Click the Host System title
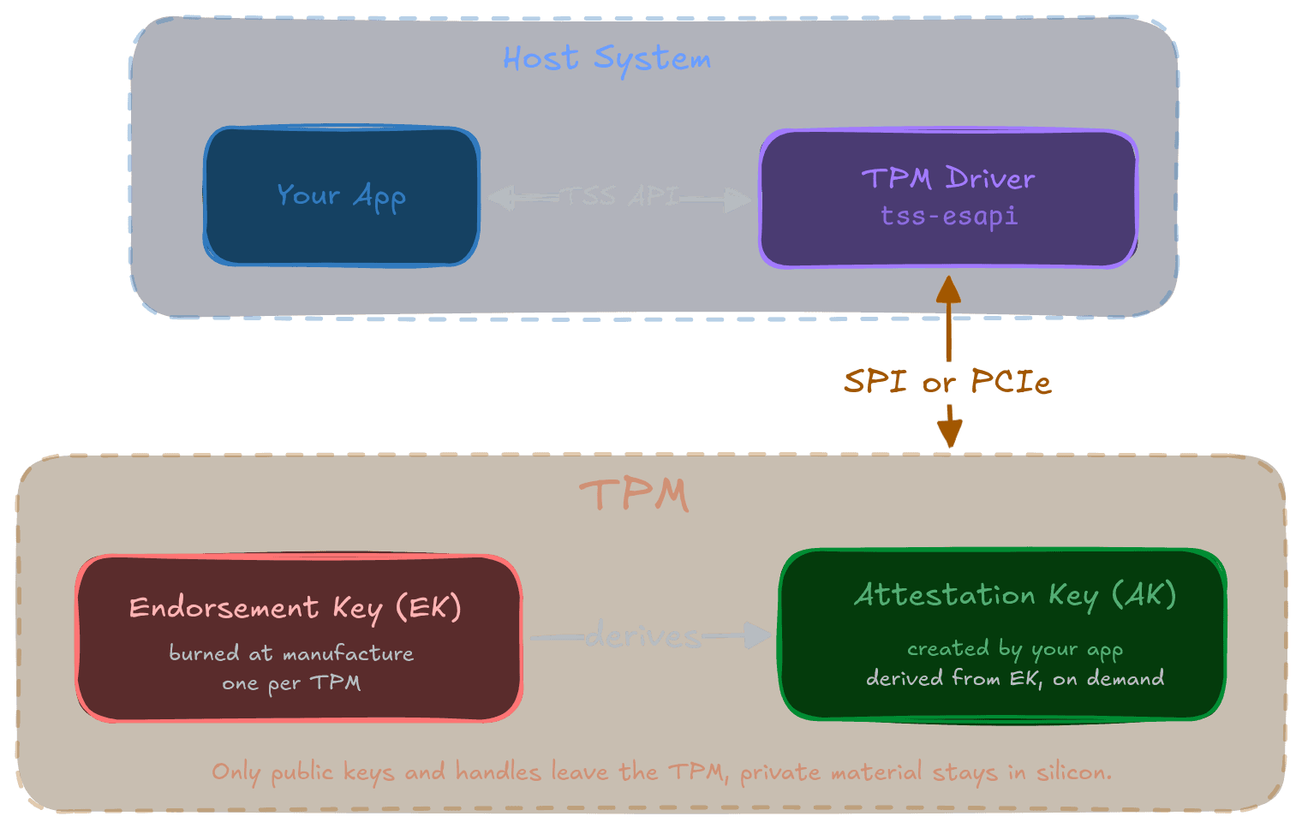[x=606, y=59]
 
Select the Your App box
[x=341, y=196]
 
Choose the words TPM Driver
[x=948, y=178]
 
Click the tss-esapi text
[x=949, y=216]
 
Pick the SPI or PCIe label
[x=947, y=381]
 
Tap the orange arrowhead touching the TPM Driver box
[x=948, y=289]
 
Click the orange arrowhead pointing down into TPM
[x=949, y=433]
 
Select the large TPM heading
[x=635, y=495]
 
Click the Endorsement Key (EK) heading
[x=296, y=608]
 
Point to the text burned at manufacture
[x=291, y=653]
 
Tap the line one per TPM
[x=291, y=683]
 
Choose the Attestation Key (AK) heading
[x=1015, y=595]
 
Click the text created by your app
[x=1015, y=650]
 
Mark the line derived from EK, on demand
[x=1015, y=678]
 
